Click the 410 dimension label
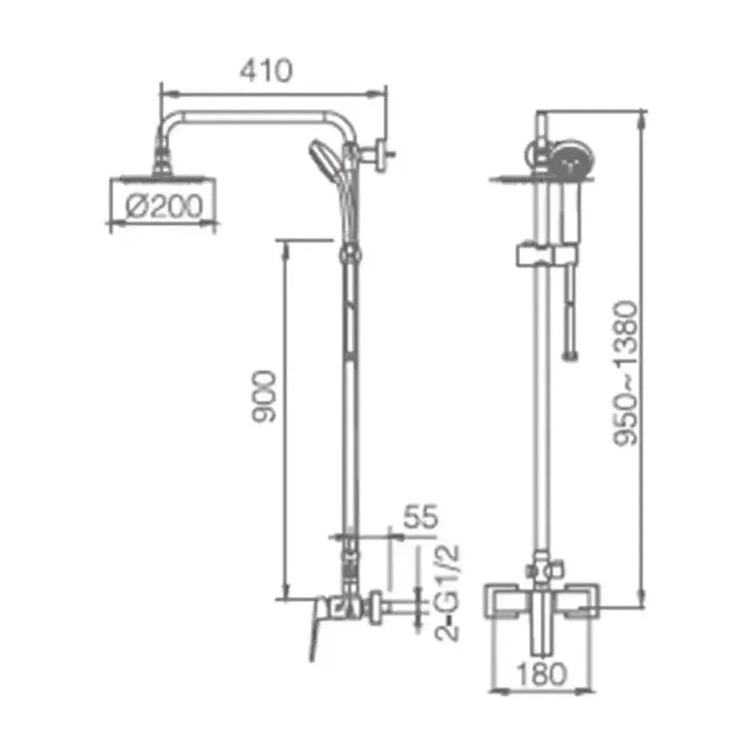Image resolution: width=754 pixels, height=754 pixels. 266,71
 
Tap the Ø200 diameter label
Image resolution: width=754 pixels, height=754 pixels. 164,207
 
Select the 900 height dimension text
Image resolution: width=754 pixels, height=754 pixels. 265,397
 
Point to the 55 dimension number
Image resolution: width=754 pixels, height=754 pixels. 421,516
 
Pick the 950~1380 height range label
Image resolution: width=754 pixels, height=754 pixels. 626,374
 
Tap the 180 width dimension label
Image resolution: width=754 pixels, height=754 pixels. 541,674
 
